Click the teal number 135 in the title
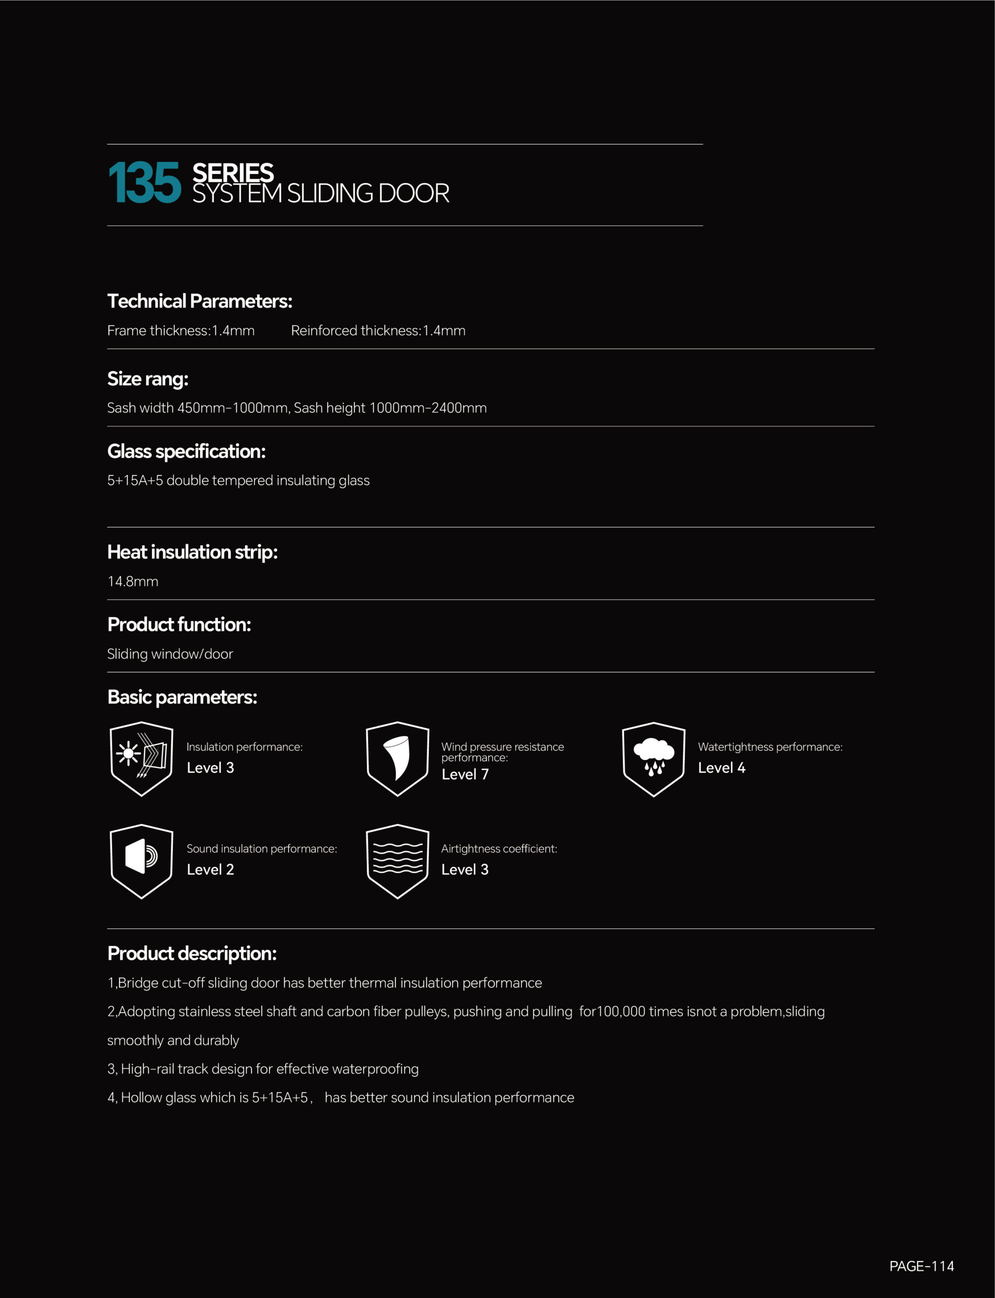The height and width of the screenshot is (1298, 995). (144, 183)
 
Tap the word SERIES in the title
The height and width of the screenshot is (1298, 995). (233, 173)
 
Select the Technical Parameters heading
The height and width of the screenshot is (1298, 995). (200, 301)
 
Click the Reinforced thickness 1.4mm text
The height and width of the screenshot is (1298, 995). (378, 331)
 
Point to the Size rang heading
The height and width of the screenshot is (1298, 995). (148, 379)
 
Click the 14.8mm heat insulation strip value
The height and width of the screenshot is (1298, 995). (133, 581)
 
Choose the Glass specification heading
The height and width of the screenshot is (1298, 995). (186, 451)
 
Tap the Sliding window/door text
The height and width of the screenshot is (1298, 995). (170, 654)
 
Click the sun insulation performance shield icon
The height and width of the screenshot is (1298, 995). (141, 759)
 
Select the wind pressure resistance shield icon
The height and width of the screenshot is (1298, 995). (397, 759)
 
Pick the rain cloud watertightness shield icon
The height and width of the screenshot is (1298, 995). (653, 759)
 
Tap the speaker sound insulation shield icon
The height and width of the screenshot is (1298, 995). (141, 861)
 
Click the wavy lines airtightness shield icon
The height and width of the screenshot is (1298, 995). (397, 861)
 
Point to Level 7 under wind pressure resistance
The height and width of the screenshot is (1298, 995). (465, 774)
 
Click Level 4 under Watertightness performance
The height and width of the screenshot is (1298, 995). (721, 768)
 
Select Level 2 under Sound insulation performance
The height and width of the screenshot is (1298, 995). (210, 869)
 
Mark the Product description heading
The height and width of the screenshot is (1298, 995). (192, 953)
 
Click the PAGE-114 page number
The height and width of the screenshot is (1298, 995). (922, 1266)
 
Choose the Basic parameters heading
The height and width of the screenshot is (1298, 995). (182, 697)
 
